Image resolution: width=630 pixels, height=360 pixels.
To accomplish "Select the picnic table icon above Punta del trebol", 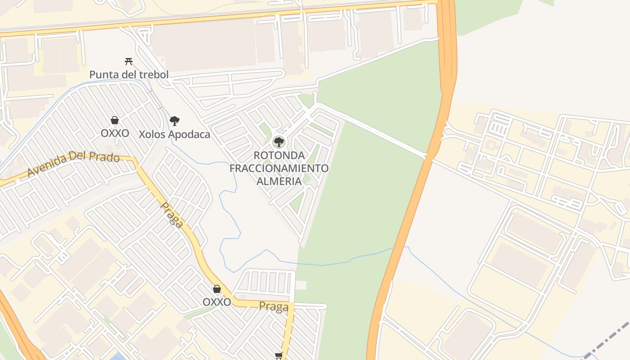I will tap(129, 61).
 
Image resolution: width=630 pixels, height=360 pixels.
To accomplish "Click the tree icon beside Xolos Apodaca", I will tap(175, 121).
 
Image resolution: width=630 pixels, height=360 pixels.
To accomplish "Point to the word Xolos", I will tap(152, 134).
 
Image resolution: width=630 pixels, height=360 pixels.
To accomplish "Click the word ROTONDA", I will tap(279, 155).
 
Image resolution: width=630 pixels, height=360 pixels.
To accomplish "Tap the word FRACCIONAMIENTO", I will tap(279, 168).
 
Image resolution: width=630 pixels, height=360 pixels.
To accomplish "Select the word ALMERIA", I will tap(279, 181).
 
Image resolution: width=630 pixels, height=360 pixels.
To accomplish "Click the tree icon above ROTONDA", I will tap(279, 142).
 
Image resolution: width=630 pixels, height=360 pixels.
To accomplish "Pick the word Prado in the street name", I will tap(105, 157).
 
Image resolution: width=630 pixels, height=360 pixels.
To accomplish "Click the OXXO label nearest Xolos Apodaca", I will tap(115, 133).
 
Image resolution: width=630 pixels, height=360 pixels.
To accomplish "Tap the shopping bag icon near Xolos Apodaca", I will tap(115, 120).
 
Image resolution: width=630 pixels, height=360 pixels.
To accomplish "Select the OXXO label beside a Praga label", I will tap(217, 302).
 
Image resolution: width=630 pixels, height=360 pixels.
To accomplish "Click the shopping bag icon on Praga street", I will tap(217, 289).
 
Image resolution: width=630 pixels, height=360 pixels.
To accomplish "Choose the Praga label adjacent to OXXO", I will tap(274, 307).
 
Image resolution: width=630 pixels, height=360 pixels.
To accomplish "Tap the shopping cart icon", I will tap(279, 356).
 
